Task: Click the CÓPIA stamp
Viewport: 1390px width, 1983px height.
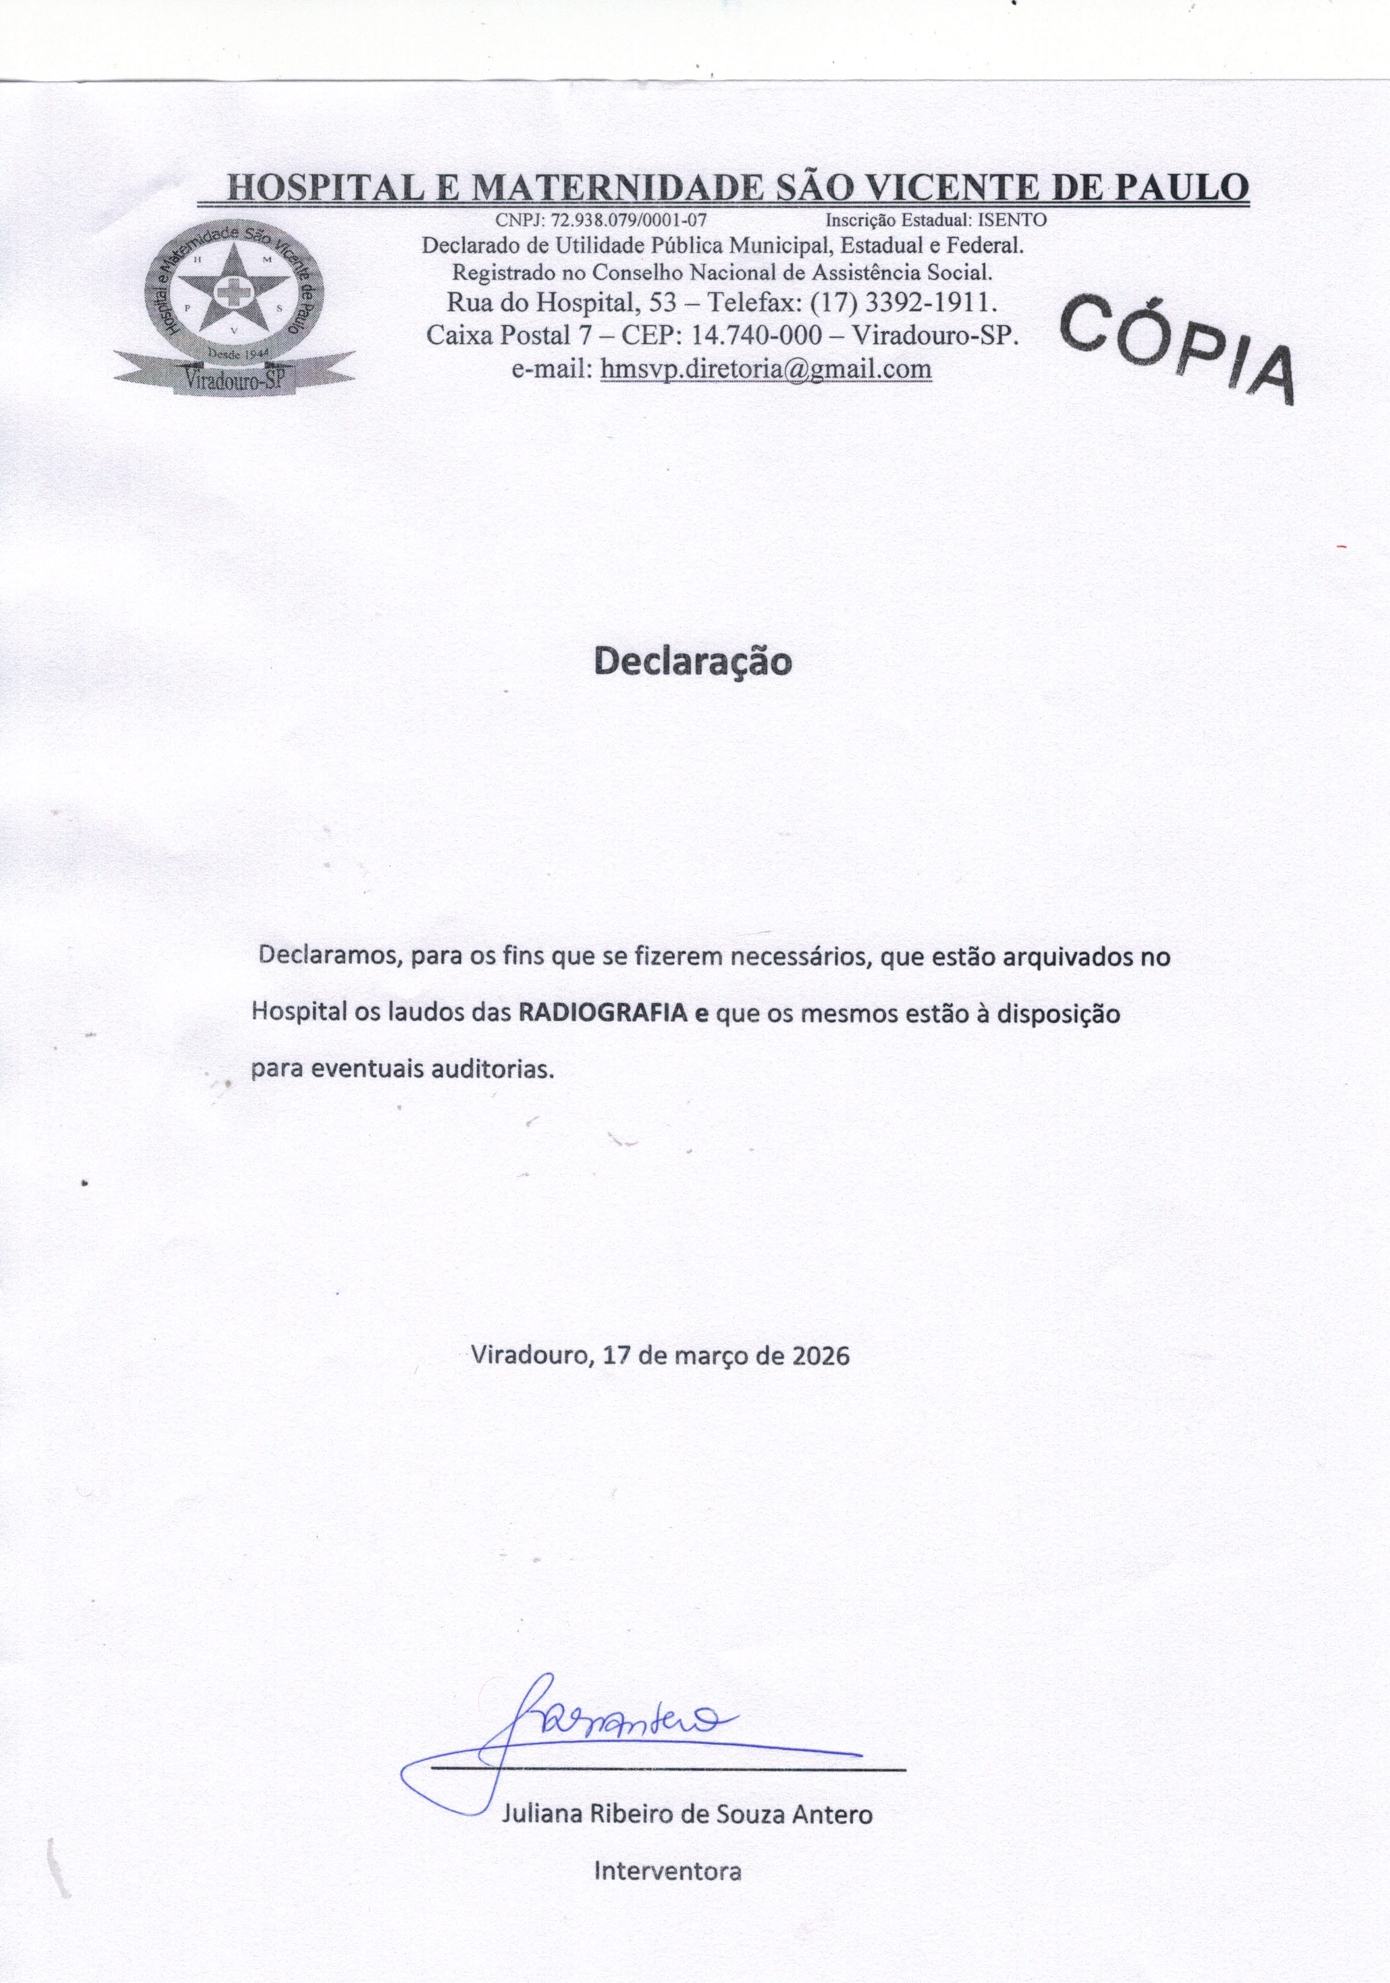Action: coord(1177,347)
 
